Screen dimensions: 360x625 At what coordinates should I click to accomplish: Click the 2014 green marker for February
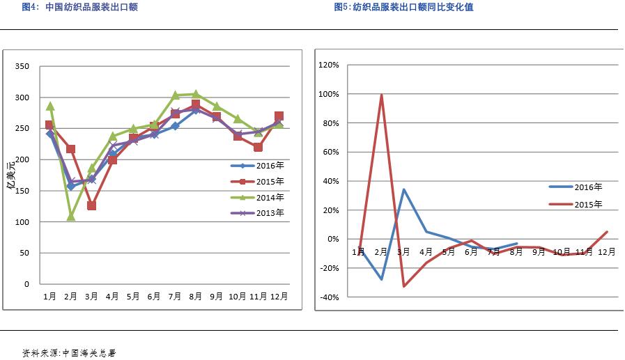tap(70, 217)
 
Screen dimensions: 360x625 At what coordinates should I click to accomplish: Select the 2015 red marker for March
tap(91, 205)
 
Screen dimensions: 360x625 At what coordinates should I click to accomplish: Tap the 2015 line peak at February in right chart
tap(381, 95)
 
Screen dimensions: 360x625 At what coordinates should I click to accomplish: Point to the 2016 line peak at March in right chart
tap(403, 189)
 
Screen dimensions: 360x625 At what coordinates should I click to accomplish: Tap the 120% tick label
tap(328, 65)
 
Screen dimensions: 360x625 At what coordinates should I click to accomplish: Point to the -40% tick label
tap(328, 297)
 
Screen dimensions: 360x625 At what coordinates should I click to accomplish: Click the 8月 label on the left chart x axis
tap(196, 297)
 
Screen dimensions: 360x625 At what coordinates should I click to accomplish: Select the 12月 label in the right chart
tap(606, 251)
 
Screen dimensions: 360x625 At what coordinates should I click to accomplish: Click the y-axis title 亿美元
tap(10, 175)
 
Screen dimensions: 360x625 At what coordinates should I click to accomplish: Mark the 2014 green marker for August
tap(196, 94)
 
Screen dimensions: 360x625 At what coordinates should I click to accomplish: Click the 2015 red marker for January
tap(49, 125)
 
